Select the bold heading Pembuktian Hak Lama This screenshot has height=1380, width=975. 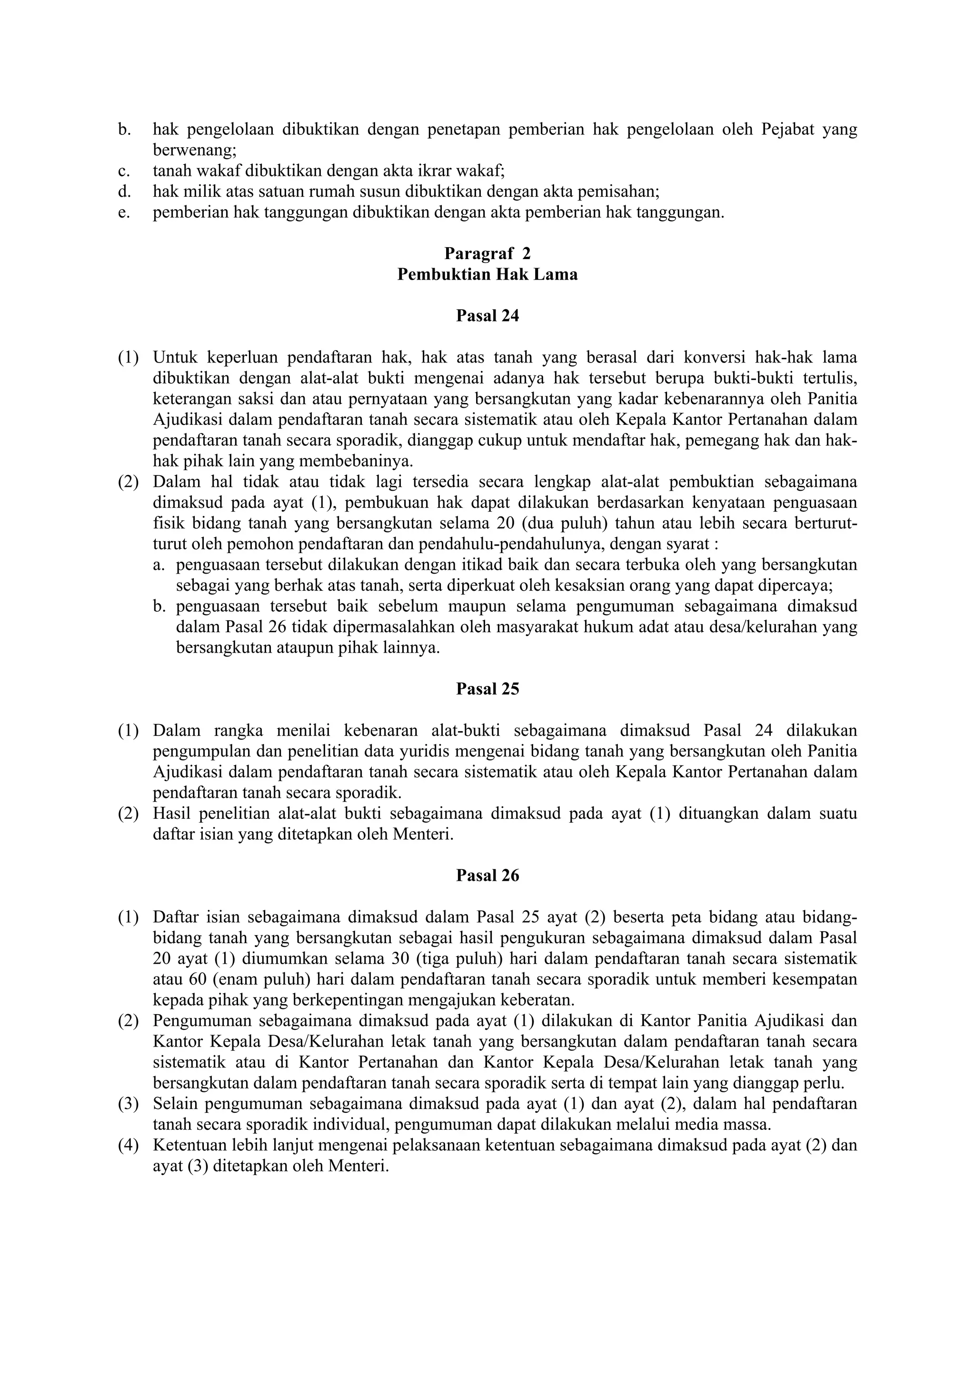[x=487, y=275]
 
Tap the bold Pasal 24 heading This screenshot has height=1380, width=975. [x=487, y=316]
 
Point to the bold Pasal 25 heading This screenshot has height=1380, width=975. [x=487, y=689]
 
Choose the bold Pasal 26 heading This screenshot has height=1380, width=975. [x=487, y=876]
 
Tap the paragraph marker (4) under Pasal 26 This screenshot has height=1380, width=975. [x=128, y=1145]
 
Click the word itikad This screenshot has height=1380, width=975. [x=444, y=565]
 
